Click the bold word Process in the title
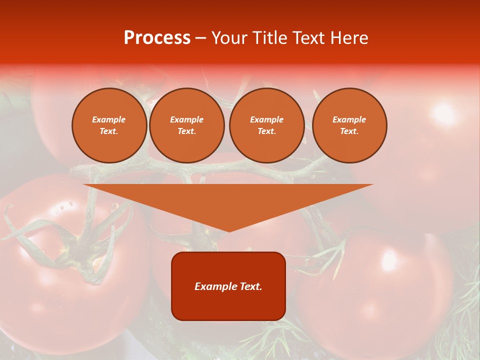coord(157,38)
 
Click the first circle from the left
coord(109,125)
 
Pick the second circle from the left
coord(186,125)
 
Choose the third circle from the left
coord(266,125)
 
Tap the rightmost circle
coord(349,125)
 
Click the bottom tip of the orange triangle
coord(228,230)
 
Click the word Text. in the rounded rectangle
coord(249,286)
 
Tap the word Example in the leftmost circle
coord(109,119)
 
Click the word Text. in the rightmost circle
coord(349,131)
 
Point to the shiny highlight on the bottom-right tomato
coord(388,260)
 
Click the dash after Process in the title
coord(201,38)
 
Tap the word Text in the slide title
coord(306,38)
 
